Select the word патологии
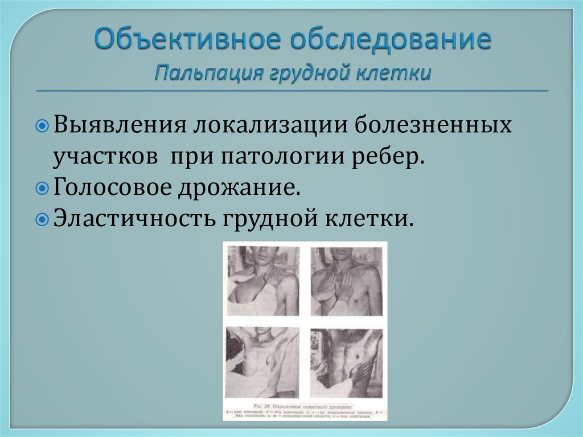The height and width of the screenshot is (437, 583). [x=290, y=156]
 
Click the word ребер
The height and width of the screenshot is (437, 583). [x=392, y=156]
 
